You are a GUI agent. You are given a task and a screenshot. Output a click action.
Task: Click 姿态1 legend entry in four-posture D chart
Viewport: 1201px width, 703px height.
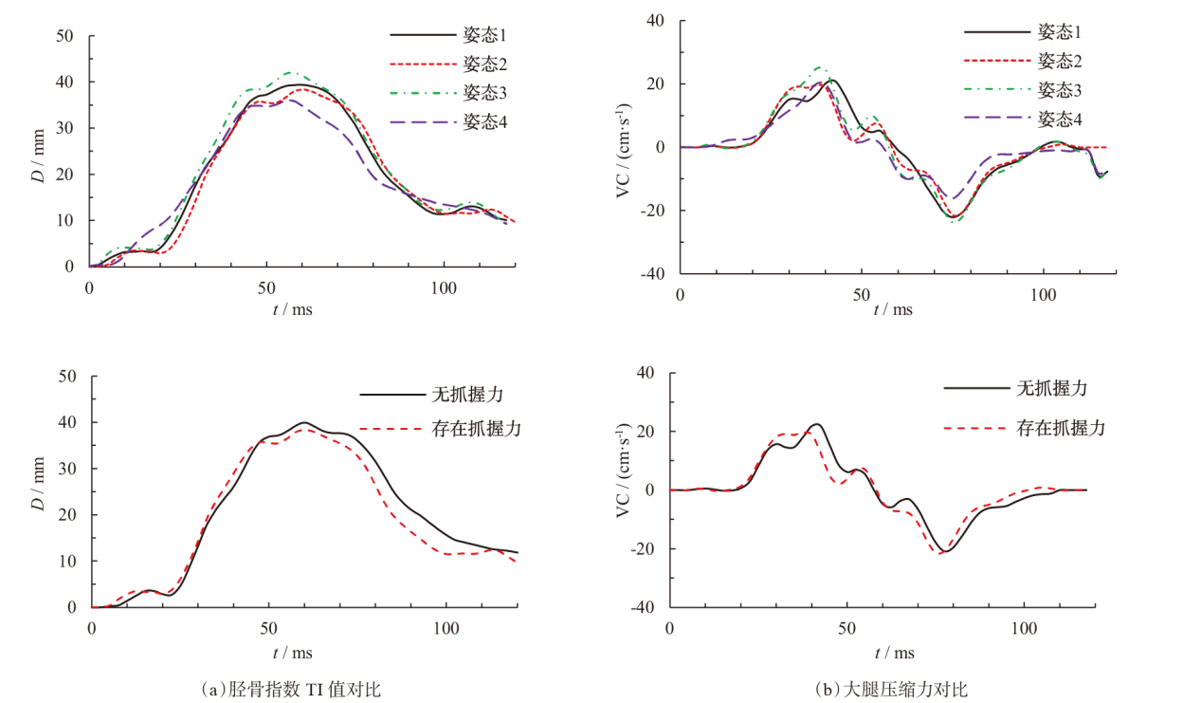point(484,35)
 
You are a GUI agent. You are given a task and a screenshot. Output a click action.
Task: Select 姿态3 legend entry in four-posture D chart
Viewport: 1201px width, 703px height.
point(484,92)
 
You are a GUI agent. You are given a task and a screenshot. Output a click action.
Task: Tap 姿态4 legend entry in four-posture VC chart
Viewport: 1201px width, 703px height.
point(1060,119)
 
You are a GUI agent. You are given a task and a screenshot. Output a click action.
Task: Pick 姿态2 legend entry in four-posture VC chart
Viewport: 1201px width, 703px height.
point(1060,61)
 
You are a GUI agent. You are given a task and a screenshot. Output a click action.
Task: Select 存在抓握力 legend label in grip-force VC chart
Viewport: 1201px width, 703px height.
point(1060,428)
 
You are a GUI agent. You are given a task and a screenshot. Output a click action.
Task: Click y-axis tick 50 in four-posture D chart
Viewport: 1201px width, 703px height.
point(65,36)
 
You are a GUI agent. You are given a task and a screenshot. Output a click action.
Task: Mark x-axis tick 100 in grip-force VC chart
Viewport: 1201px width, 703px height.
point(1025,628)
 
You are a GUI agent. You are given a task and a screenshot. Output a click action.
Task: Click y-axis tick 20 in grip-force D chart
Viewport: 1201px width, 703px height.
point(67,515)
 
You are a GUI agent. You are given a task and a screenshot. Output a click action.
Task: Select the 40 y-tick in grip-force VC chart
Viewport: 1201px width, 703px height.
point(646,373)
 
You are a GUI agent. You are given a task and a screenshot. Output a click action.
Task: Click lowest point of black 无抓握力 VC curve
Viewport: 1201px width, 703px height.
point(945,551)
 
